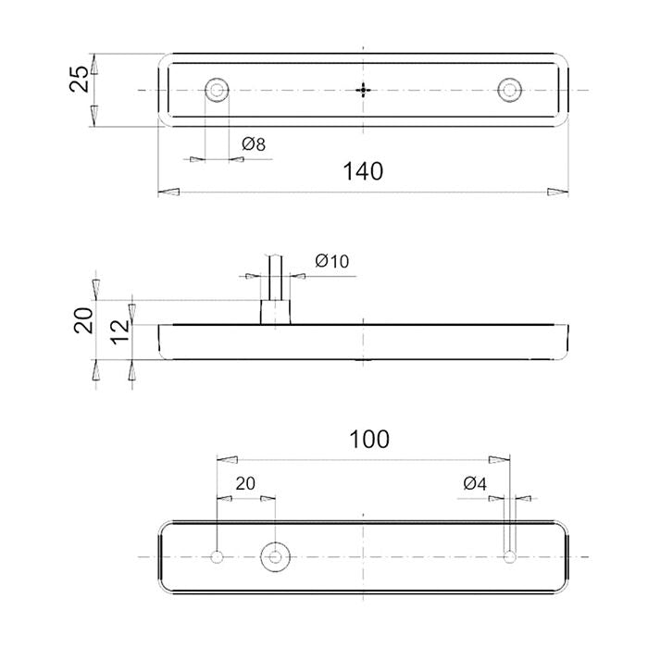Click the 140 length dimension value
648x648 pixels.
pos(363,171)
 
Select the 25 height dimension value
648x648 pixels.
pos(79,79)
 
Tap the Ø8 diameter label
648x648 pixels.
pos(254,144)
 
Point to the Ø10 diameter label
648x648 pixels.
pos(331,261)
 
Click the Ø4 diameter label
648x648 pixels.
pos(475,483)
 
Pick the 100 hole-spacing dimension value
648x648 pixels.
pos(369,440)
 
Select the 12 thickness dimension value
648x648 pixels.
pos(120,331)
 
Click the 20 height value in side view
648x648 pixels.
pos(83,320)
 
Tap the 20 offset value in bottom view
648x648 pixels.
pos(245,483)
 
